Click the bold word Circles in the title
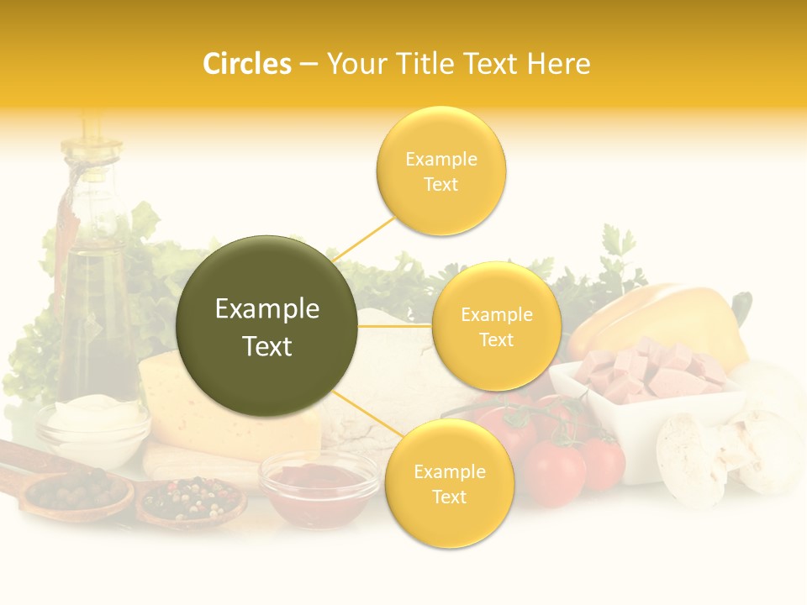tap(246, 64)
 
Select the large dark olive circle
tap(267, 326)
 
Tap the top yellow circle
tap(440, 171)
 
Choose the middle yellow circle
tap(496, 327)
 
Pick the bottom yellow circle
tap(449, 483)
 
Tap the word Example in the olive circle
tap(267, 309)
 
